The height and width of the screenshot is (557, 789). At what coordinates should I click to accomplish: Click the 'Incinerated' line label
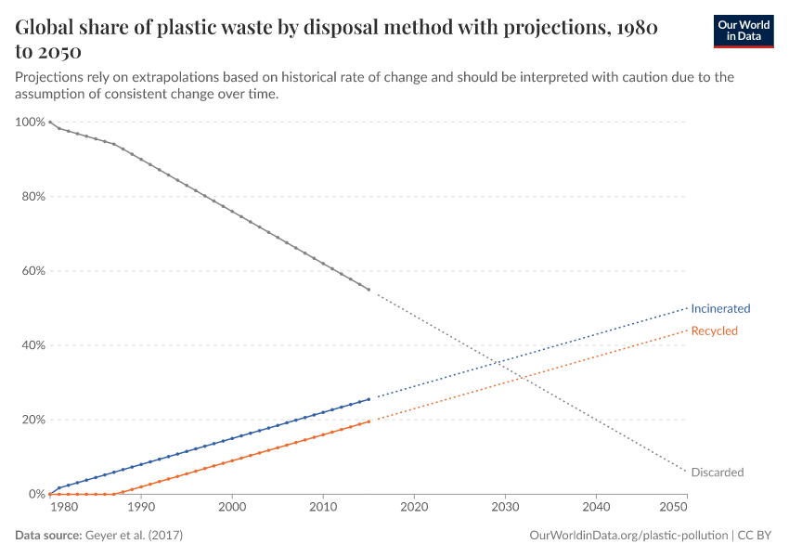[720, 308]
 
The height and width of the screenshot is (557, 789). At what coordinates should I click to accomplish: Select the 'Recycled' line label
[714, 330]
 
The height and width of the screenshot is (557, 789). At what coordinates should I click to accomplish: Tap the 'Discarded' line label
[718, 473]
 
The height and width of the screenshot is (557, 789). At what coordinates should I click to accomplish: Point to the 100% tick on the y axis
[30, 123]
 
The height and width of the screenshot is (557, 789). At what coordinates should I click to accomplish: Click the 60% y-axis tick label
[32, 271]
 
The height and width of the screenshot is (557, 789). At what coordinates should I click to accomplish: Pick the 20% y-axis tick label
[32, 420]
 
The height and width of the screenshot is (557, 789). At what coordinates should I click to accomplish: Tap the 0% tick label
[35, 494]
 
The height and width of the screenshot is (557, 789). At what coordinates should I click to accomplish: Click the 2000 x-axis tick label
[232, 506]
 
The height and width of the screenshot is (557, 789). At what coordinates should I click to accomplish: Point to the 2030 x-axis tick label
[505, 506]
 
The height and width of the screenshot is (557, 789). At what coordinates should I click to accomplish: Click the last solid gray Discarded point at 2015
[369, 290]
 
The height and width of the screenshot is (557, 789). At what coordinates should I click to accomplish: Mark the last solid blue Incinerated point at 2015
[369, 399]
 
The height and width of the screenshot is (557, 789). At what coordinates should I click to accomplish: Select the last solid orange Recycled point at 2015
[369, 421]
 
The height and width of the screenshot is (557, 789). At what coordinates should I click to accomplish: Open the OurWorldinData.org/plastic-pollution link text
[627, 536]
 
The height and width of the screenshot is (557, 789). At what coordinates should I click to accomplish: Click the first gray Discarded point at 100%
[50, 123]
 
